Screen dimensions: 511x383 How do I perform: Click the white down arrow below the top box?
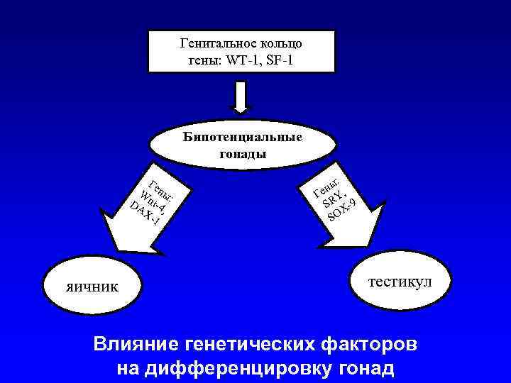point(241,97)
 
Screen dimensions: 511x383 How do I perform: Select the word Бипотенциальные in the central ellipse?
point(241,137)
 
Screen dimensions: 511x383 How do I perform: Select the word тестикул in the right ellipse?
point(400,281)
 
